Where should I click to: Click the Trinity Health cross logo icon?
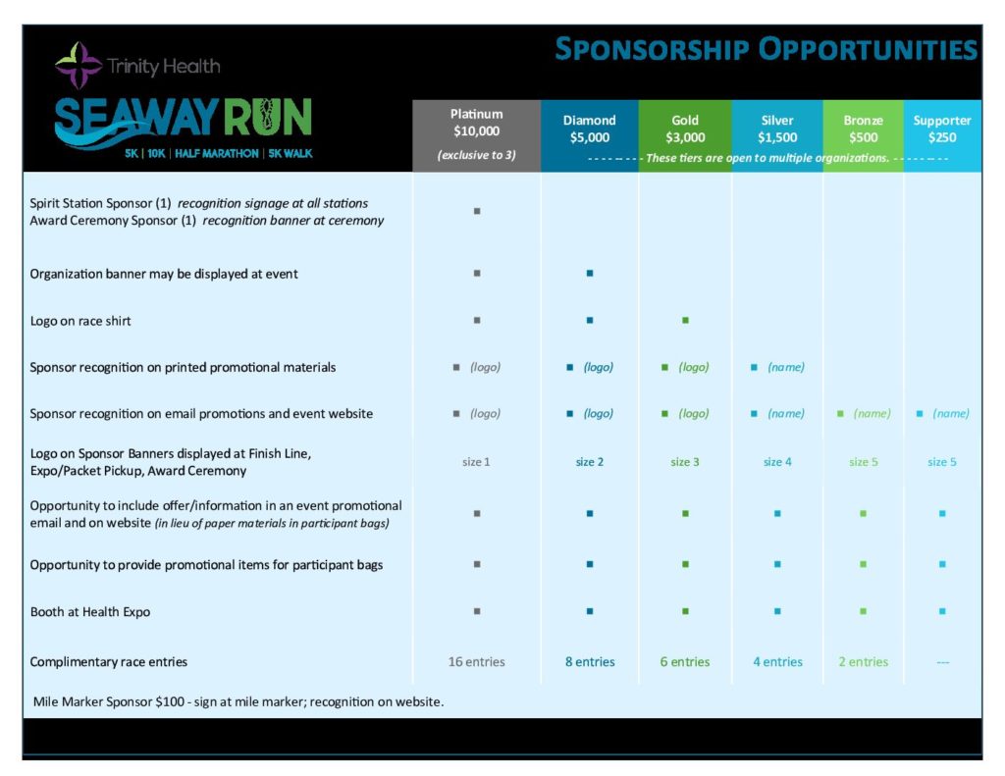[x=79, y=66]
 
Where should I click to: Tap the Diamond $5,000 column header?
[x=590, y=129]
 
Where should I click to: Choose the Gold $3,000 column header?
[x=685, y=129]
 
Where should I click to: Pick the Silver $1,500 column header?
[x=777, y=129]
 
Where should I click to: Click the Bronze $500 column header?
[x=864, y=129]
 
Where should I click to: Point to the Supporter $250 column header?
[x=942, y=129]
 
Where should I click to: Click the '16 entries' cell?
[x=476, y=662]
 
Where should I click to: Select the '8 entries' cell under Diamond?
[x=590, y=662]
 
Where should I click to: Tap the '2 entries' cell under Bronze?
[x=864, y=662]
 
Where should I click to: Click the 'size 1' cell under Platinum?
[x=476, y=462]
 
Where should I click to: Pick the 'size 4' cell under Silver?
[x=777, y=462]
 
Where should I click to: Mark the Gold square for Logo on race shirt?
[x=685, y=321]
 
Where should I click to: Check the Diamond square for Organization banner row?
[x=590, y=274]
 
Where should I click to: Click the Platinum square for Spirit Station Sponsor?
[x=477, y=211]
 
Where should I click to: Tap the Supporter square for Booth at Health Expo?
[x=942, y=611]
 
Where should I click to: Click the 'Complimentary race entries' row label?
[x=108, y=662]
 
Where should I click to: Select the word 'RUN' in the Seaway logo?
[x=267, y=118]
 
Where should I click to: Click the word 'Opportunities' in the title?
[x=868, y=49]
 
